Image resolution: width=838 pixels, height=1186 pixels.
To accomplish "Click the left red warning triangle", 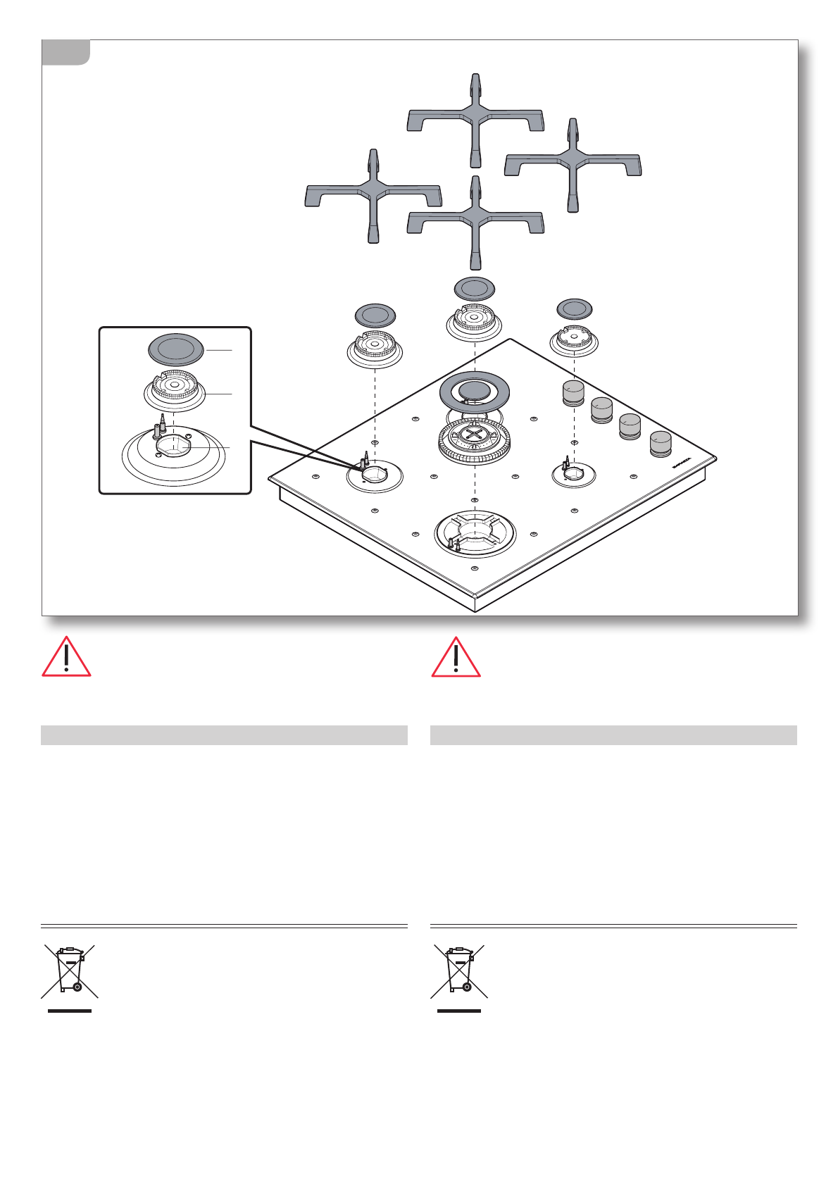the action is coord(66,658).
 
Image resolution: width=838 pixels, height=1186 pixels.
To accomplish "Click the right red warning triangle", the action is coord(456,658).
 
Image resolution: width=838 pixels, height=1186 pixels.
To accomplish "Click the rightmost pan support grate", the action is coord(573,164).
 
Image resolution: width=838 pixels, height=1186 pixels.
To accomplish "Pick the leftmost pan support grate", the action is coord(373,195).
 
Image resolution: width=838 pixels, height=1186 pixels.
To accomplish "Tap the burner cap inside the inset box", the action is coord(176,349).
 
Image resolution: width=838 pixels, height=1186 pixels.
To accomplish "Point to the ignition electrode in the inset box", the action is coord(163,425).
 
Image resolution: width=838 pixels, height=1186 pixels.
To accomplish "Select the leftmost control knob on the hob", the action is coord(574,393).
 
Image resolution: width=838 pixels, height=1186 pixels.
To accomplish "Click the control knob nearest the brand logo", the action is coord(661,444).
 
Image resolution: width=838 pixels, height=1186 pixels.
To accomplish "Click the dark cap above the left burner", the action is coord(375,315).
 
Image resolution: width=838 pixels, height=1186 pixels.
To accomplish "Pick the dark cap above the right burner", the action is coord(575,308).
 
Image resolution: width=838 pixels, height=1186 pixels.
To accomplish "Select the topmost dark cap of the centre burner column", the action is coord(475,288).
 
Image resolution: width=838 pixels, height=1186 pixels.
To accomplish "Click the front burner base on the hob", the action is coord(475,534).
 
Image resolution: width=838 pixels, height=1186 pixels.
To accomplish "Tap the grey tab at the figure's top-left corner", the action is coord(65,52).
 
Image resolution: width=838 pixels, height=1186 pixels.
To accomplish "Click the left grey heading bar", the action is coord(224,735).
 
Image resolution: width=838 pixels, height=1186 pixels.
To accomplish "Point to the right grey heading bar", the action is coord(613,735).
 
